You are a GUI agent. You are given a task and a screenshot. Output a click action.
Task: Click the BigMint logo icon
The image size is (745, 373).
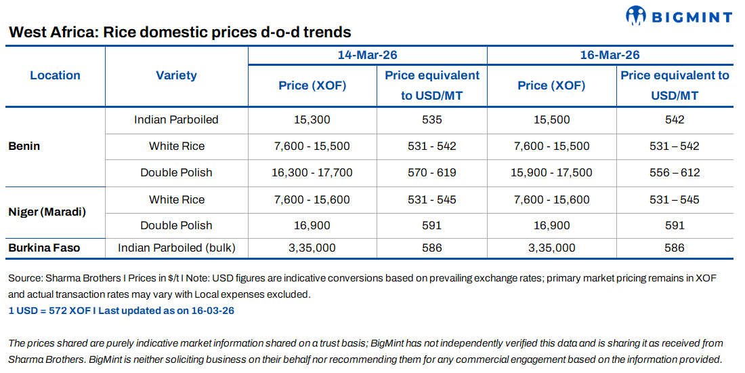pos(637,15)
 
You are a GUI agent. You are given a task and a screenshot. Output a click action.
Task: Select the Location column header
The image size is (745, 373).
pos(55,75)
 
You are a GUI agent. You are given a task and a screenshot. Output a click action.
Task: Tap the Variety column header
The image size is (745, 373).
pos(176,75)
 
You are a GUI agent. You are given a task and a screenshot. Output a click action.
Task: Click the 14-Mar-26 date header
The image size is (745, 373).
pos(367,55)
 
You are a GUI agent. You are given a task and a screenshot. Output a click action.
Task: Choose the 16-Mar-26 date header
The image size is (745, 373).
pos(610,55)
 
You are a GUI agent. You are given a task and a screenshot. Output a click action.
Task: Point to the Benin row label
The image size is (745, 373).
pos(24,146)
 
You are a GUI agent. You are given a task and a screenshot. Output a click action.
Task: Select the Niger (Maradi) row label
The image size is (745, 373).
pos(47,212)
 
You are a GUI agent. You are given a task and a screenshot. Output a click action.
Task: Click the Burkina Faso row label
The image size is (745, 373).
pos(44,248)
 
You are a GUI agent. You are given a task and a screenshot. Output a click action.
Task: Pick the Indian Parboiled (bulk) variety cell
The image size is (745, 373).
pos(177,248)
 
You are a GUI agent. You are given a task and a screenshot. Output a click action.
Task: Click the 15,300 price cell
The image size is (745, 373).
pos(312,119)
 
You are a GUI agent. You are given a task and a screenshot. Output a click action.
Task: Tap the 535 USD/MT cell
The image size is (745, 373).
pos(431,119)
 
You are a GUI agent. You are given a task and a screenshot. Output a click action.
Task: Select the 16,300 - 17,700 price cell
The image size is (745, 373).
pos(312,172)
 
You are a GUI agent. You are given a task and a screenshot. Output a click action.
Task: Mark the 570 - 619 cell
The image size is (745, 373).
pos(431,172)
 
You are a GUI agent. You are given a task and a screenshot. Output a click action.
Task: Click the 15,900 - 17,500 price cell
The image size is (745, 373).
pos(551,172)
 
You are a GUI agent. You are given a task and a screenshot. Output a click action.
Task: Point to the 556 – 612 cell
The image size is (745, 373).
pos(674,172)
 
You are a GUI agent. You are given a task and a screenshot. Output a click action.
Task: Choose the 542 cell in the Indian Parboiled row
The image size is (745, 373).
pos(674,119)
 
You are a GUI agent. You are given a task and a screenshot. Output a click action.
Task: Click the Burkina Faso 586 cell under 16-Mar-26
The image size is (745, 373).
pos(674,248)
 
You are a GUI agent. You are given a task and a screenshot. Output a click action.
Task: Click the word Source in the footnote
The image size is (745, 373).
pos(24,279)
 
